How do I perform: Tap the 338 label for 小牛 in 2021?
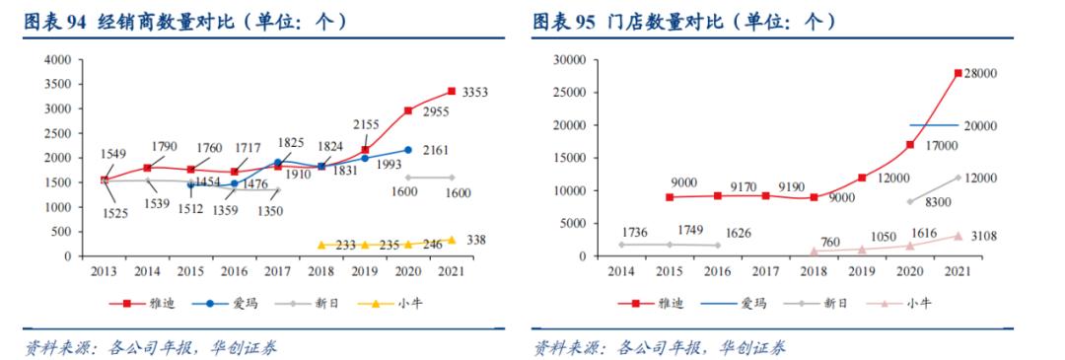[x=475, y=240]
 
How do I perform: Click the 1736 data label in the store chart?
[x=633, y=231]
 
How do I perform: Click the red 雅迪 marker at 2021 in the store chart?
[x=957, y=73]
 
